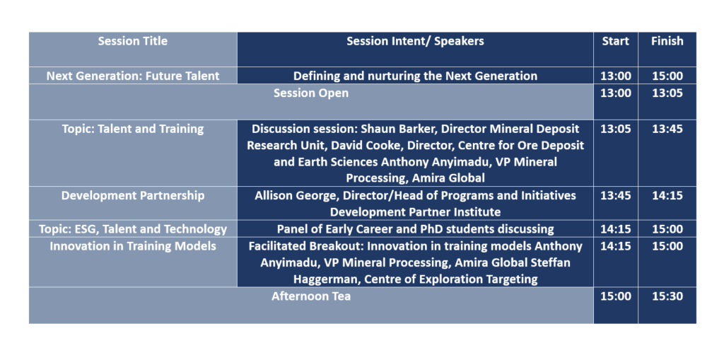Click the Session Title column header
click(132, 41)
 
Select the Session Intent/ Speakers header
click(415, 41)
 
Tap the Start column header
click(615, 41)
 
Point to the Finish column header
click(667, 41)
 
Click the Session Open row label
click(311, 93)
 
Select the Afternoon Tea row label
click(311, 296)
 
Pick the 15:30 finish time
click(667, 296)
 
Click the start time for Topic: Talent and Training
click(616, 129)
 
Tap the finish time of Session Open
click(667, 93)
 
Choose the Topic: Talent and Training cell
click(133, 129)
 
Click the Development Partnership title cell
click(133, 195)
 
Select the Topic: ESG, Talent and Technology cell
click(133, 229)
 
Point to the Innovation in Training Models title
click(133, 246)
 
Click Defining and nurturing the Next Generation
click(415, 76)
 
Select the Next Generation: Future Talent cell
click(133, 76)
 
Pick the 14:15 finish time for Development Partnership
click(667, 195)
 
